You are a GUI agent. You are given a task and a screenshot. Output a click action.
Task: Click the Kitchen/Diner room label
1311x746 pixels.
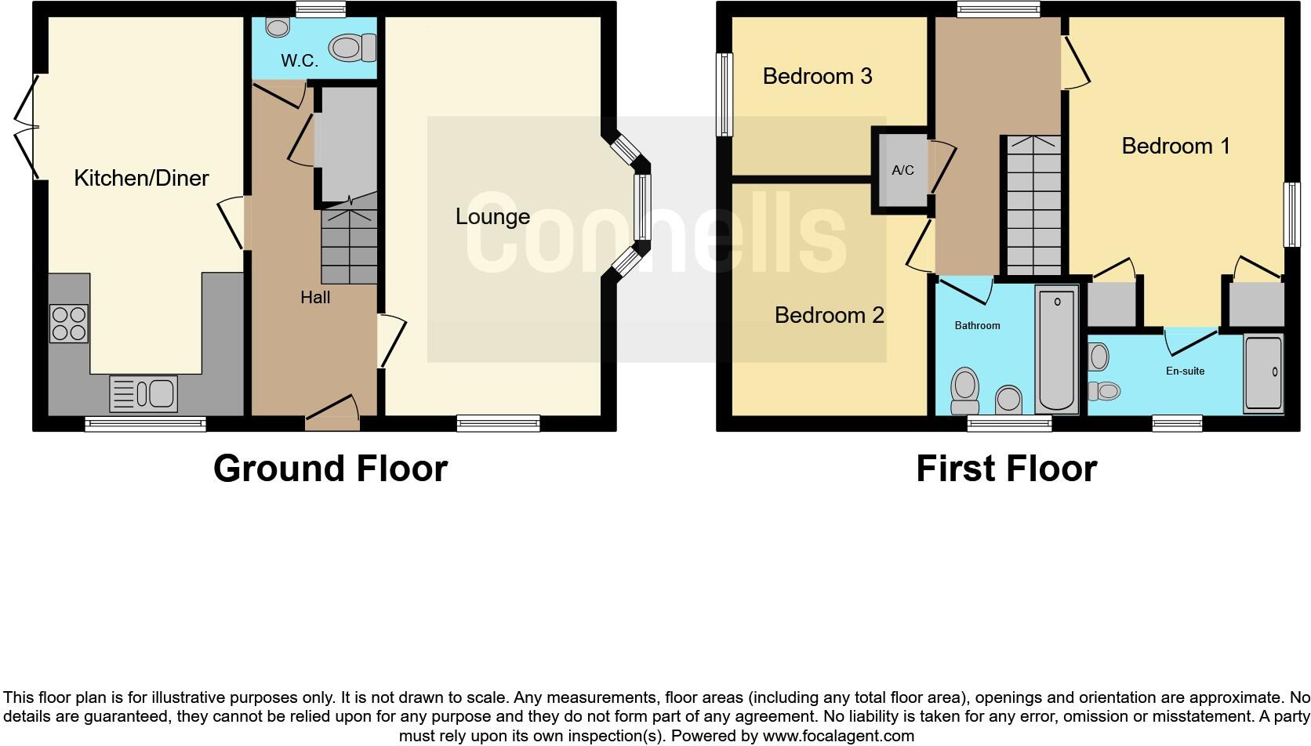coord(141,178)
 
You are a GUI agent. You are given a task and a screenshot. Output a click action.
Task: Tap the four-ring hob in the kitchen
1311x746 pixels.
coord(69,324)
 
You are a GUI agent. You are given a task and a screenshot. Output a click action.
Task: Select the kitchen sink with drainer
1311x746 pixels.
coord(143,393)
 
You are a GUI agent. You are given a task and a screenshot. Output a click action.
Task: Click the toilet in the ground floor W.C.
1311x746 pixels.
coord(352,48)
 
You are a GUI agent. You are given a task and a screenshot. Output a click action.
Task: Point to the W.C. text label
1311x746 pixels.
coord(299,61)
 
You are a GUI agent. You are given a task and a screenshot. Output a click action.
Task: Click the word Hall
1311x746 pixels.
coord(315,298)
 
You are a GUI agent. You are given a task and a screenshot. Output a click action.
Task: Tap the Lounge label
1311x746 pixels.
coord(492,216)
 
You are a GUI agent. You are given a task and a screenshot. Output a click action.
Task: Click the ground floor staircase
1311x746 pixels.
coord(349,244)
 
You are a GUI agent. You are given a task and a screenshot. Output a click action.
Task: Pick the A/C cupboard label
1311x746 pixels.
coord(902,170)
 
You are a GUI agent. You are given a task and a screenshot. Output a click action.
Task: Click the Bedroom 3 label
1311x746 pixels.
coord(817,76)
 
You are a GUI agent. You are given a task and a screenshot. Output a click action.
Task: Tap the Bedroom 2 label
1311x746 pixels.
coord(829,315)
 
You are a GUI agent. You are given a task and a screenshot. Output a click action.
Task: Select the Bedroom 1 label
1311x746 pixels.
coord(1175,146)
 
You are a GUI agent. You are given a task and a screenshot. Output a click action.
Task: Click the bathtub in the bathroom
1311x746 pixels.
coord(1056,349)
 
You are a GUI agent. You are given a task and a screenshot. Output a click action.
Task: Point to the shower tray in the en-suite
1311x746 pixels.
coord(1263,373)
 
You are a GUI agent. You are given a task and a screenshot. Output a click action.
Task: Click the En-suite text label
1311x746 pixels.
coord(1185,371)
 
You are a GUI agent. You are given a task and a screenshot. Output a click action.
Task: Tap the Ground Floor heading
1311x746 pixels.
coord(330,469)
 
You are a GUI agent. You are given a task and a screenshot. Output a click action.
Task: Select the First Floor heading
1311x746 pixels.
coord(1006,469)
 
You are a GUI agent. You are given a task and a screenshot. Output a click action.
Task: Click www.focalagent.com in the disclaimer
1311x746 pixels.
coord(837,736)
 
